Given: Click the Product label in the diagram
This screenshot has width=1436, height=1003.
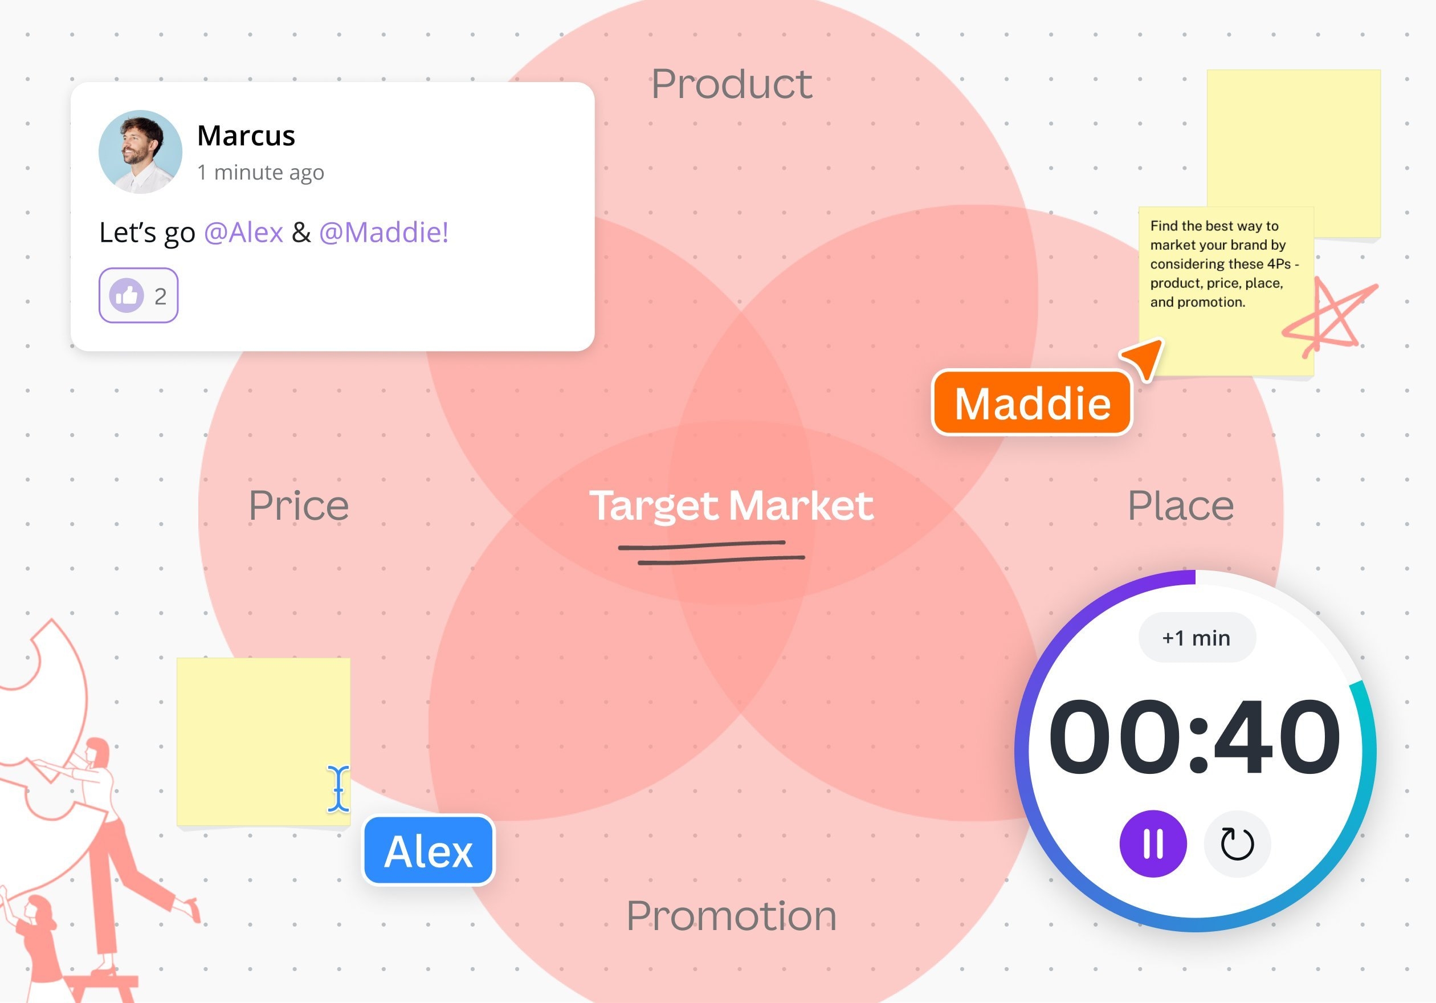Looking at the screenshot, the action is click(732, 84).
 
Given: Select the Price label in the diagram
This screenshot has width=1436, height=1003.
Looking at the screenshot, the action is click(299, 505).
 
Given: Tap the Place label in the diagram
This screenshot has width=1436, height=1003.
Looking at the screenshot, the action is click(1181, 505).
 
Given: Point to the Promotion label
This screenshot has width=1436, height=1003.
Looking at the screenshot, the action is click(732, 915).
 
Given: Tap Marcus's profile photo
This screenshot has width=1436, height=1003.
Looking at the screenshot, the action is click(140, 152).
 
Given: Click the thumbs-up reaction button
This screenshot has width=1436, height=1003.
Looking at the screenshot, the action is click(138, 296).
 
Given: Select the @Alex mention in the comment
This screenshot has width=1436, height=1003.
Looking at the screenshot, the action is click(244, 233).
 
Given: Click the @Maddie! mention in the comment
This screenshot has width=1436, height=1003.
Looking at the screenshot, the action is click(384, 233).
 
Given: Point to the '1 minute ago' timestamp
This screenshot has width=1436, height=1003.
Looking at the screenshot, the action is click(261, 172).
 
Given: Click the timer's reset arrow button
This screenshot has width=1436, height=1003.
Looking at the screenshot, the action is click(1237, 844).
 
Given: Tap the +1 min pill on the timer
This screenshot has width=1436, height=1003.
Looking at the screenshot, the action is click(1197, 638).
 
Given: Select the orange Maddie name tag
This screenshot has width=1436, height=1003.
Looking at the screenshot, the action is click(1032, 403).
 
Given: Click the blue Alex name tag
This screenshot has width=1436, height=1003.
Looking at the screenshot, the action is click(429, 850).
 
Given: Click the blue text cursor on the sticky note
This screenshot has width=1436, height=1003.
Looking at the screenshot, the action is click(338, 789).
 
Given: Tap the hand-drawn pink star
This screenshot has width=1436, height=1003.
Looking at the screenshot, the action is click(1329, 319).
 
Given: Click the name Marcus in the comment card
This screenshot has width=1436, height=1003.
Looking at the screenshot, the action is click(246, 136).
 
